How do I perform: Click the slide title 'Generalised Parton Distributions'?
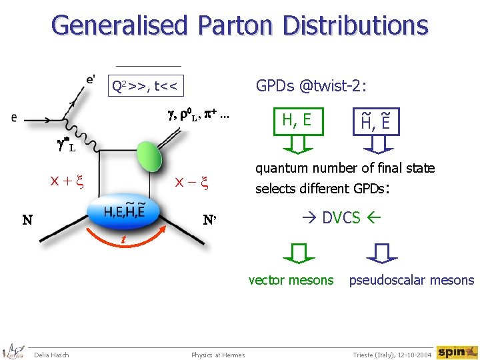(x=239, y=26)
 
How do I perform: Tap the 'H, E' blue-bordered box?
(x=297, y=120)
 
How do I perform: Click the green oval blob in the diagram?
(x=150, y=159)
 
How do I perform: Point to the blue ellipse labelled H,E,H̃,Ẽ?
(x=133, y=211)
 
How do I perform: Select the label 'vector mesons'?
(x=291, y=280)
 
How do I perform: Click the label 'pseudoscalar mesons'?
(x=411, y=280)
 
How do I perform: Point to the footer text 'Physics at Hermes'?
(x=218, y=355)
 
